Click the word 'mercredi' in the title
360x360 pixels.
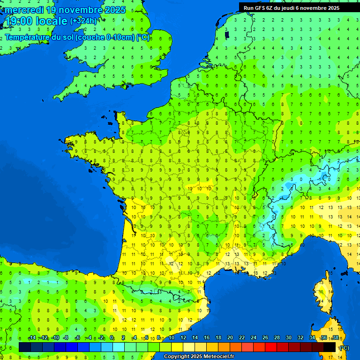tap(24, 10)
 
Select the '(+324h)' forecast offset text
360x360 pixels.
tap(83, 21)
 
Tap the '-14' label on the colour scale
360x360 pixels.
tap(32, 338)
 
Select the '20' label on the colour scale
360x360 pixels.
tap(230, 338)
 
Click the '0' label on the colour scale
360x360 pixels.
tap(112, 338)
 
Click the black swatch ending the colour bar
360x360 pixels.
tap(330, 347)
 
